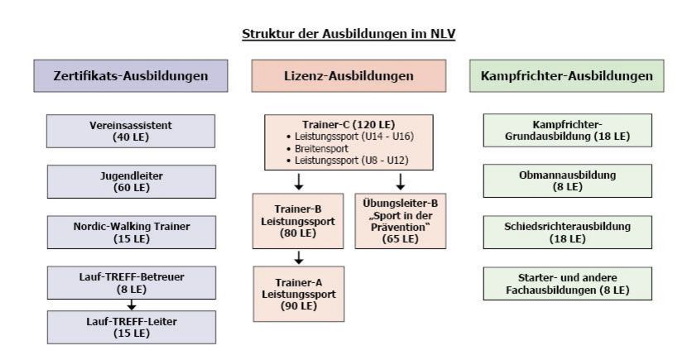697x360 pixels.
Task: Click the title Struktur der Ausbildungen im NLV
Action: [x=348, y=34]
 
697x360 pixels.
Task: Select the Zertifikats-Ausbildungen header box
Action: [x=131, y=76]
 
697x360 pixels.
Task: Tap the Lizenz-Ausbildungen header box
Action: [x=348, y=76]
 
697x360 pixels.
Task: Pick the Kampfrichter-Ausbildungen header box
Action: [x=567, y=76]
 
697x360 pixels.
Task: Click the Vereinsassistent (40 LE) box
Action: [x=131, y=131]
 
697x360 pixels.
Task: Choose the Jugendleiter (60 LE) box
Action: [x=132, y=182]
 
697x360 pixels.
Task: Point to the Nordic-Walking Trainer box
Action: [x=132, y=233]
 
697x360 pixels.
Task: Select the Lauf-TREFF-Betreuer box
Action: [x=132, y=283]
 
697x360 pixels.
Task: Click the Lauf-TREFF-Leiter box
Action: [x=132, y=327]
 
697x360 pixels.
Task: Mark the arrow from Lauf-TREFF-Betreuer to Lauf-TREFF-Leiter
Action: [x=131, y=305]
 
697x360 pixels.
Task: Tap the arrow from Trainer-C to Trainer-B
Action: [x=299, y=182]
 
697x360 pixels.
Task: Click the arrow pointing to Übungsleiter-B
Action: [x=401, y=182]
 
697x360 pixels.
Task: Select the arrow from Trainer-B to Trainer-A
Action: [x=299, y=257]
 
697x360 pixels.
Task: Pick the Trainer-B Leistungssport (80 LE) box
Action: [x=298, y=221]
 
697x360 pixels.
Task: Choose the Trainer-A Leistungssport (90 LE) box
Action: [x=299, y=294]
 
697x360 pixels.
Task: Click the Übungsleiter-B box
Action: [x=401, y=221]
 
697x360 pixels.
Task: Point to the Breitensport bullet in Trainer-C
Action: [x=318, y=148]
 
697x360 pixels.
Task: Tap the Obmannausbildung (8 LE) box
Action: [x=568, y=181]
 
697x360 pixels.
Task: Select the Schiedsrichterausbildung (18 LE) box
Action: [x=568, y=233]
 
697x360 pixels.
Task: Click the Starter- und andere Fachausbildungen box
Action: [x=568, y=284]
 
